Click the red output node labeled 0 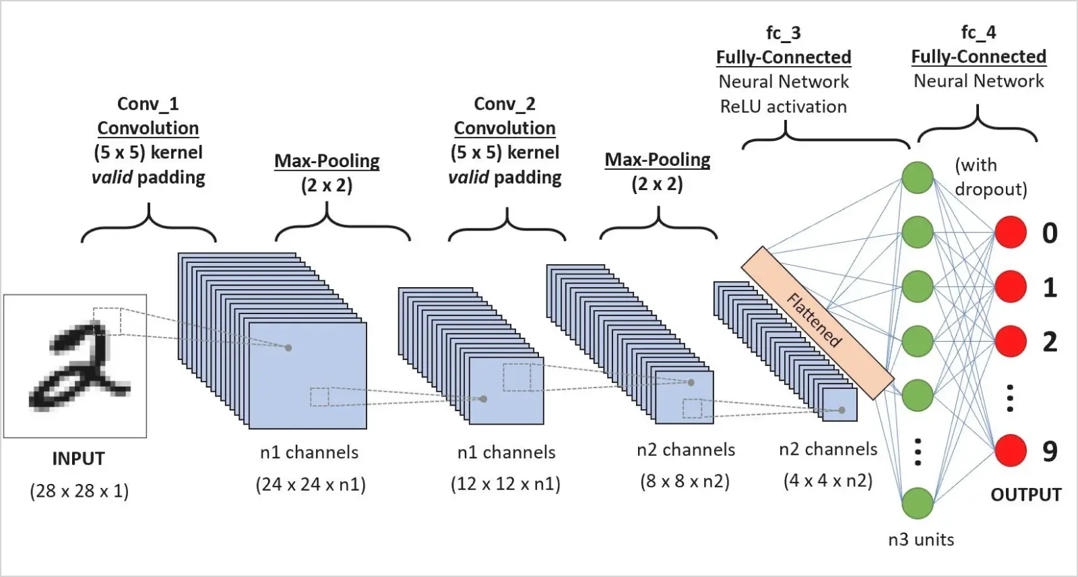1011,233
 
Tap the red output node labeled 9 1011,450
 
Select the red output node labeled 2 1011,342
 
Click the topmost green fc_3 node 918,177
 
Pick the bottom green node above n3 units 918,503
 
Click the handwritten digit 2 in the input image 77,367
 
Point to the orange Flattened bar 817,322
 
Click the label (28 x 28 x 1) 79,491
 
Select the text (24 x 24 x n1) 311,485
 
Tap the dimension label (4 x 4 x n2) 828,481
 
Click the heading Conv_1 148,104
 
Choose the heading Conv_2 505,104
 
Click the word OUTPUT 1025,495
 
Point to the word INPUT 79,459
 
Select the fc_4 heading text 978,32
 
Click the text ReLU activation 783,107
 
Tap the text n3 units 920,539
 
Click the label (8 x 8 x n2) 685,481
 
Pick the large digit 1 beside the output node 1050,288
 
